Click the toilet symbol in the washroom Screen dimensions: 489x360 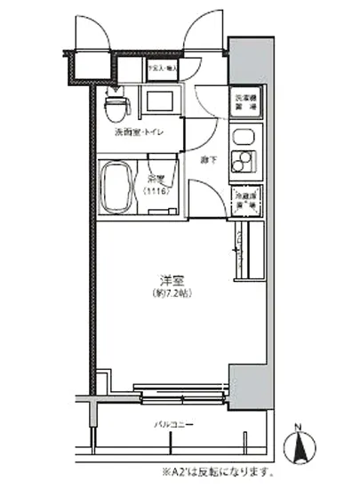coord(114,108)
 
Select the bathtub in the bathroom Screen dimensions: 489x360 coord(116,186)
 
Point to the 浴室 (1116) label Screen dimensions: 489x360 coord(158,183)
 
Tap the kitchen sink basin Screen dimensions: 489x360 coord(241,138)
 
